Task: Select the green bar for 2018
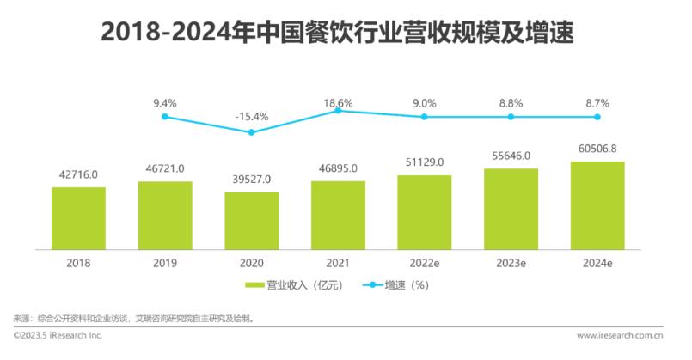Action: coord(78,217)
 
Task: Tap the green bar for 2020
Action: coord(251,220)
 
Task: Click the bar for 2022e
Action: coord(424,211)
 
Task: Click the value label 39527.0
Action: coord(251,180)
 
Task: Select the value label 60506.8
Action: coord(597,149)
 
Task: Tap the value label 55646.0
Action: coord(511,156)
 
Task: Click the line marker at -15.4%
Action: coord(251,132)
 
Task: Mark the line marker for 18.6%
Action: coord(338,110)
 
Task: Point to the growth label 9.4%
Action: coord(165,103)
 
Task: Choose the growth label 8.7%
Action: coord(597,103)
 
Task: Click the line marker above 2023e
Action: coord(511,116)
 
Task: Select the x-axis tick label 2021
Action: coord(338,263)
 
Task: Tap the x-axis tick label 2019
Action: coord(165,263)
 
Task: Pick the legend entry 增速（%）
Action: coord(396,284)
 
